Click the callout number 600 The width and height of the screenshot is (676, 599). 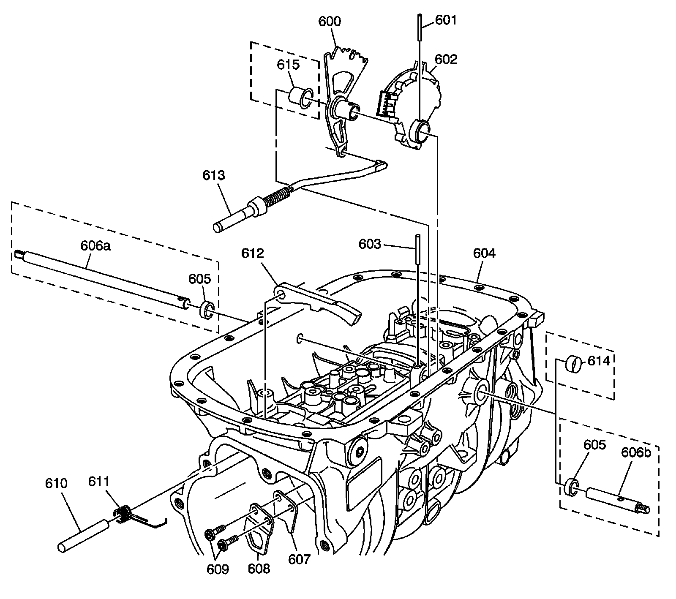click(x=329, y=22)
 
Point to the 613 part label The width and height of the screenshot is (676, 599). click(x=213, y=175)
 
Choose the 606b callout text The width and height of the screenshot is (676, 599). click(x=636, y=452)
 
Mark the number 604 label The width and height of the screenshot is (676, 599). click(x=484, y=253)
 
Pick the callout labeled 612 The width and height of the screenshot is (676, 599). click(x=253, y=254)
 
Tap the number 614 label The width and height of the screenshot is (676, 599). click(x=599, y=361)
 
